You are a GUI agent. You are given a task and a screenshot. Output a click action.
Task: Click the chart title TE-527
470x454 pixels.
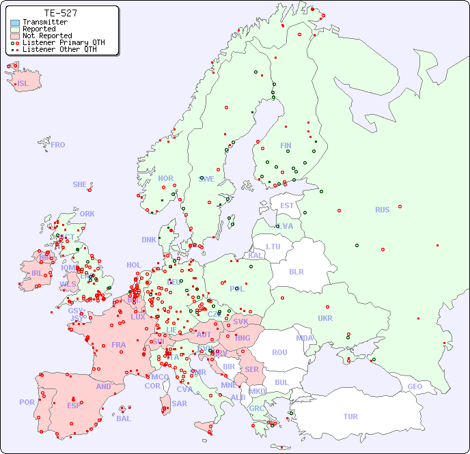tap(60, 13)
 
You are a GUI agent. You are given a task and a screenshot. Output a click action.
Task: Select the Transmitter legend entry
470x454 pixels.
tap(44, 23)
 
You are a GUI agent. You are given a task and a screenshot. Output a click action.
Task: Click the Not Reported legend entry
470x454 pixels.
tap(46, 36)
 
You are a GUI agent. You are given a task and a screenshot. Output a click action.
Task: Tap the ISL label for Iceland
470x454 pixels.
tap(23, 84)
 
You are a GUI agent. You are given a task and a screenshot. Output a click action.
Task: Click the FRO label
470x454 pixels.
tap(58, 145)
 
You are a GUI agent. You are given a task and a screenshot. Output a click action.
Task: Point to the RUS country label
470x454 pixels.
tap(382, 210)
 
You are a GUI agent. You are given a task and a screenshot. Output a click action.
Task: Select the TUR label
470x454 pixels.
tap(350, 416)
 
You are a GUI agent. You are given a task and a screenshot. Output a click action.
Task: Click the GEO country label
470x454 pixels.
tap(415, 386)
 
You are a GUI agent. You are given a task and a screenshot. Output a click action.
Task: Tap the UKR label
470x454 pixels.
tap(325, 318)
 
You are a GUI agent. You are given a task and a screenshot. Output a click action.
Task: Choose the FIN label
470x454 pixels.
tap(286, 145)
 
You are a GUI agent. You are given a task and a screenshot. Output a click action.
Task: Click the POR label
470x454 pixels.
tap(27, 402)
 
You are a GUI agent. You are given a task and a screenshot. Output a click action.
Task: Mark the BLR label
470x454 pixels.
tap(296, 271)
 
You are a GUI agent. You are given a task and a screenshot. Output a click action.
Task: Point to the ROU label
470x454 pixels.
tap(279, 352)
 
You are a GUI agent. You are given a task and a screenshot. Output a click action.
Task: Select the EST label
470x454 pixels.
tap(287, 205)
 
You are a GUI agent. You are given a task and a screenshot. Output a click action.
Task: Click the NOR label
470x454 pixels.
tap(165, 178)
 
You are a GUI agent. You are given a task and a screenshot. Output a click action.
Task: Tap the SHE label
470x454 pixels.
tap(80, 184)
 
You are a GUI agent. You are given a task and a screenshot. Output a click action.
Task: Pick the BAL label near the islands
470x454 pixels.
tap(124, 418)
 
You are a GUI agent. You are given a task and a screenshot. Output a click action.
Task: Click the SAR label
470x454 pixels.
tap(179, 403)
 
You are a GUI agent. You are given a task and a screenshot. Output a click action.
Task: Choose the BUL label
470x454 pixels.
tap(281, 382)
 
